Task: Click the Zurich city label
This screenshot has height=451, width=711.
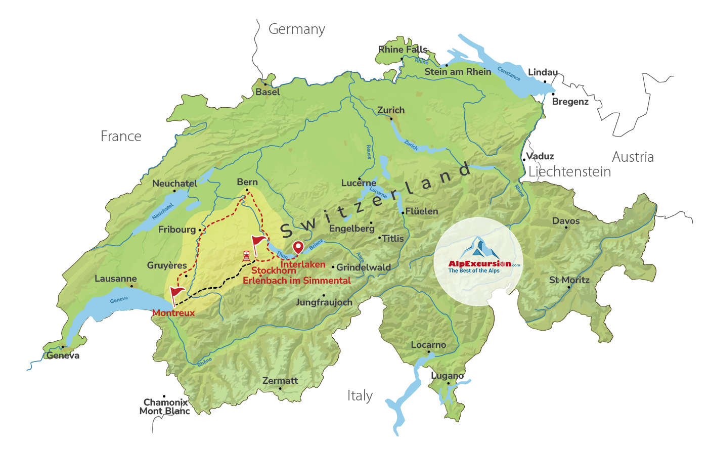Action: click(x=391, y=110)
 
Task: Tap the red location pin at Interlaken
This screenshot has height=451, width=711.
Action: click(x=298, y=247)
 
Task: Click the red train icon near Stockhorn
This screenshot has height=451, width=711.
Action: click(x=246, y=256)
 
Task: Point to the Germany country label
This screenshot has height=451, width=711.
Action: click(x=296, y=29)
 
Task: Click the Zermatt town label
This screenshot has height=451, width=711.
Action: click(x=280, y=381)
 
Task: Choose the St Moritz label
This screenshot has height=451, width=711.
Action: click(x=569, y=280)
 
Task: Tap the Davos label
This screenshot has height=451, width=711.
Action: click(x=566, y=221)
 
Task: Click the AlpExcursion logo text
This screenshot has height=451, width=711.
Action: click(x=479, y=264)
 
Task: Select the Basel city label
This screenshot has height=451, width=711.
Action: click(x=268, y=92)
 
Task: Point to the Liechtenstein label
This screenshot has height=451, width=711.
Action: click(x=569, y=172)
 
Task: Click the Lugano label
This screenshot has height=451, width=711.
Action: click(x=447, y=376)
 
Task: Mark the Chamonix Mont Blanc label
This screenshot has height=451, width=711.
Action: click(x=165, y=407)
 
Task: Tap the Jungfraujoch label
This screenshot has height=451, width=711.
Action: click(x=324, y=302)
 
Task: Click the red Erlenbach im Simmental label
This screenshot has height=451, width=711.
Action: click(x=296, y=281)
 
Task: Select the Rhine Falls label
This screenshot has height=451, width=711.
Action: click(x=403, y=50)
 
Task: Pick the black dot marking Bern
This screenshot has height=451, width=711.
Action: click(x=247, y=190)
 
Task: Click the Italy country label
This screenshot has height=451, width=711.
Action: click(x=360, y=396)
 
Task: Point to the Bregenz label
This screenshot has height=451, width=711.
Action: click(x=570, y=102)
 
